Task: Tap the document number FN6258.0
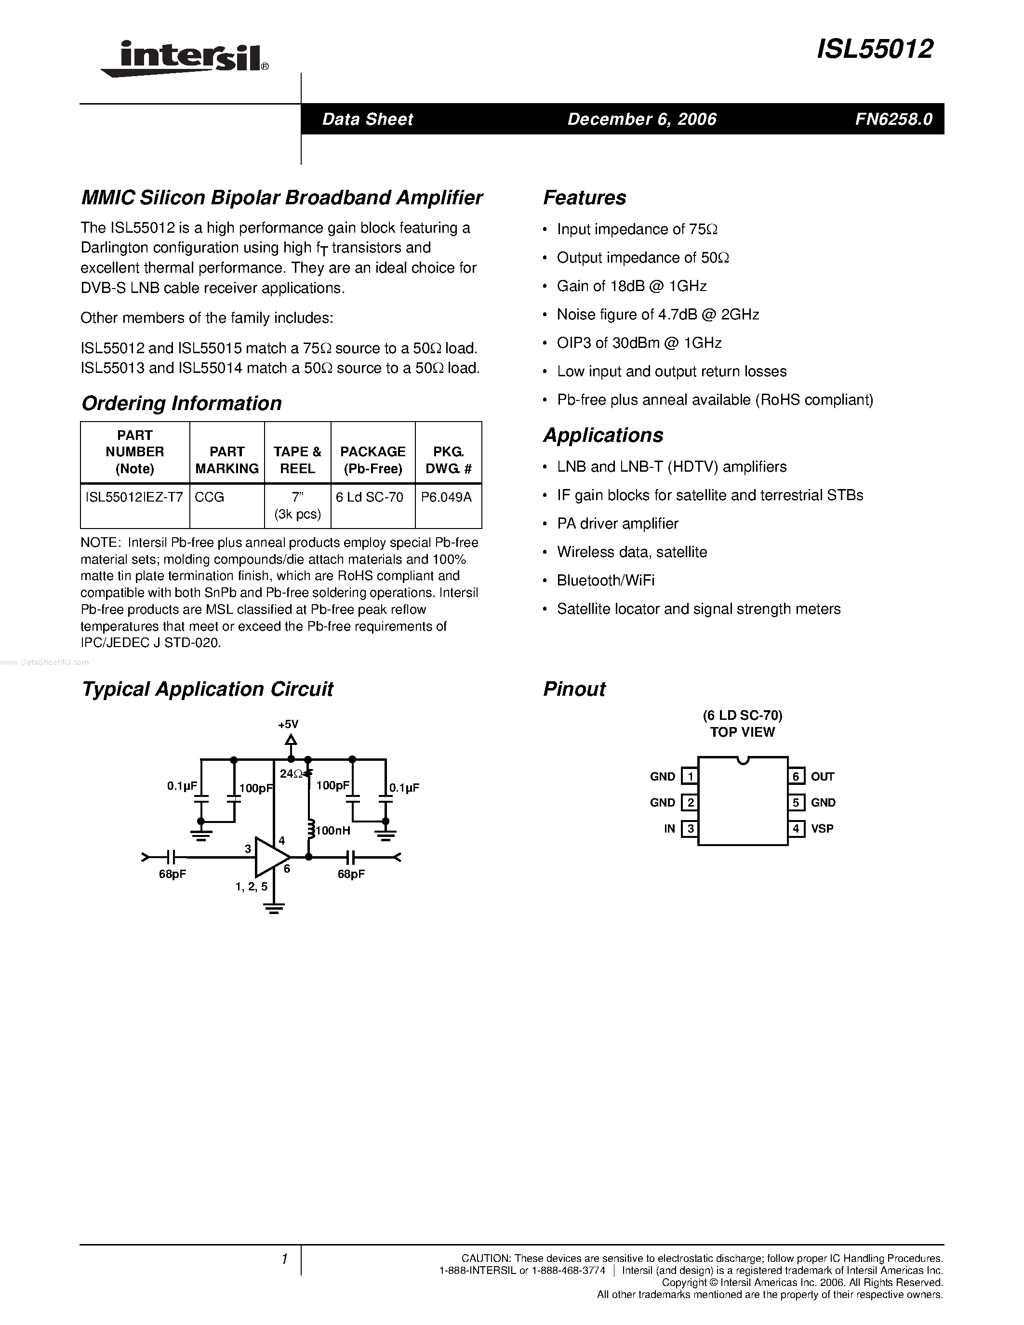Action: (x=893, y=119)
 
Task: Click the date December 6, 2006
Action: (x=642, y=119)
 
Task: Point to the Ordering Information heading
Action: (x=181, y=403)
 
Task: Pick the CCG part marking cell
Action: (x=210, y=497)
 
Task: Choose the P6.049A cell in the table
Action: (x=447, y=497)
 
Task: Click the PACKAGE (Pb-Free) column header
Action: (x=372, y=460)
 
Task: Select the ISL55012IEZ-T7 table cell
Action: (x=134, y=497)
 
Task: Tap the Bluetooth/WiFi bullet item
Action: (x=605, y=581)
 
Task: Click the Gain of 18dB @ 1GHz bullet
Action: (x=632, y=286)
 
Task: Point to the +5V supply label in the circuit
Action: (x=288, y=724)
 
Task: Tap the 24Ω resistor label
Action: (x=291, y=773)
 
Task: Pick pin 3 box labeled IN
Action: (x=689, y=829)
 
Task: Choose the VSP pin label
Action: (x=822, y=829)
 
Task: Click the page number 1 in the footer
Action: (x=284, y=1259)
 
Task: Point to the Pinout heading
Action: (x=574, y=689)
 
